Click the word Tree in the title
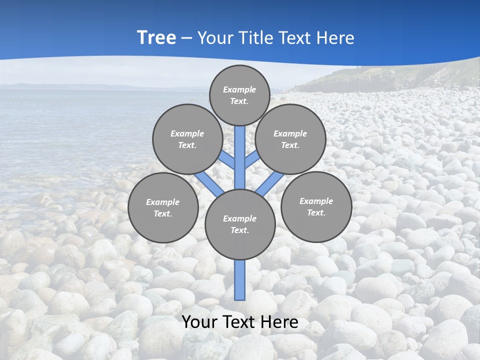pos(156,38)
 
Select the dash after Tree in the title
pos(186,38)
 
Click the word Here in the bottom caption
pos(278,322)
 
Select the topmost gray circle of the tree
pos(239,95)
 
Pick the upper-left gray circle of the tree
pos(187,139)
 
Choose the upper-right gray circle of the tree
pos(290,139)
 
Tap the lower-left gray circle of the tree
pos(163,207)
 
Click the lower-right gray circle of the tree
pos(316,206)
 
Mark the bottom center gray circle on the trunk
pos(240,224)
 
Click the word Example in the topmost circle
pos(239,89)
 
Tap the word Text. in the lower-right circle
pos(316,212)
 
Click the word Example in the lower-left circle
pos(163,202)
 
